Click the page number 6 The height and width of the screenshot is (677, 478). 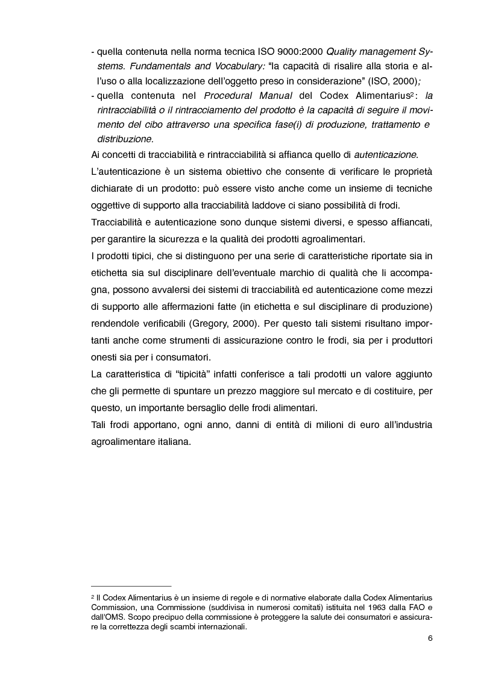pyautogui.click(x=430, y=638)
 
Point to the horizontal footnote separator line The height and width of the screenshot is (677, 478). pyautogui.click(x=131, y=585)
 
